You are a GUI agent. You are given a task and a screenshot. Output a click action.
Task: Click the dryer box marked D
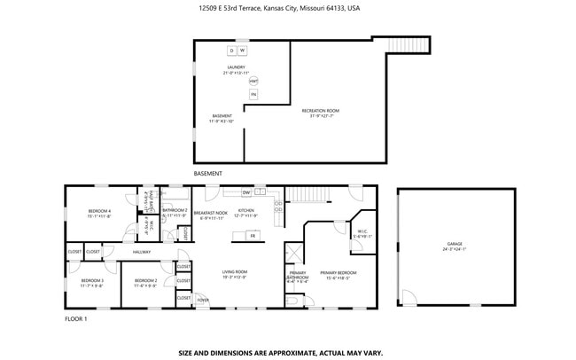231,51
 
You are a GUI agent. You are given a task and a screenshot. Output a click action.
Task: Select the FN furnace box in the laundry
253,94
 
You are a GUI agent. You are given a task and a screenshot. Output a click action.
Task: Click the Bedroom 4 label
99,212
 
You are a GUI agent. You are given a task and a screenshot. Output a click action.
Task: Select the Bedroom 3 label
92,283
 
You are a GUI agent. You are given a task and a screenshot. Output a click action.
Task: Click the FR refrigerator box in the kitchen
252,236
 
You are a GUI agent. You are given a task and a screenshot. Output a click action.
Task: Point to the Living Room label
234,274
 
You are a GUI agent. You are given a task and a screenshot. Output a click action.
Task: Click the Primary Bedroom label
338,275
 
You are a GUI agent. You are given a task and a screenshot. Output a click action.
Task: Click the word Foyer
203,301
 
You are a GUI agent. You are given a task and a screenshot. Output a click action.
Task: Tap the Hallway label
142,252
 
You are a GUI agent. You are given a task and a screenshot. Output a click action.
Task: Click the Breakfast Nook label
210,213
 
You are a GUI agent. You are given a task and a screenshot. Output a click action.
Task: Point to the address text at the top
279,8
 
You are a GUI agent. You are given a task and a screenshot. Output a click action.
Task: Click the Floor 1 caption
76,317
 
